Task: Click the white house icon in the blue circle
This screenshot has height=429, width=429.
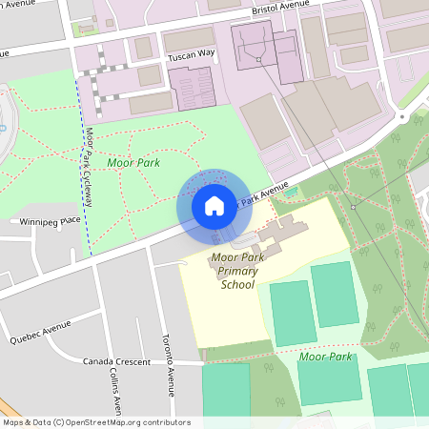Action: [x=214, y=205]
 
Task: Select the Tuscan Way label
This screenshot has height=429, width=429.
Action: [x=192, y=54]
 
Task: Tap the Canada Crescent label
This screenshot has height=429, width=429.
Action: [x=117, y=361]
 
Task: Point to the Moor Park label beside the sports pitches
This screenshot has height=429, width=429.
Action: [x=325, y=357]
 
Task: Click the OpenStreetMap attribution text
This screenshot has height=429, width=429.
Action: [x=96, y=422]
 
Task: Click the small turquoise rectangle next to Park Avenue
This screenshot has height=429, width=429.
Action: [x=290, y=193]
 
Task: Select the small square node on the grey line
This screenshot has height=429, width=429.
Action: [x=352, y=207]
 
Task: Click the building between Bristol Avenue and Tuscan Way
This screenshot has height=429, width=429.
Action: [x=190, y=39]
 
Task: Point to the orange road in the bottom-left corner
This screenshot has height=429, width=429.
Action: [x=8, y=405]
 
